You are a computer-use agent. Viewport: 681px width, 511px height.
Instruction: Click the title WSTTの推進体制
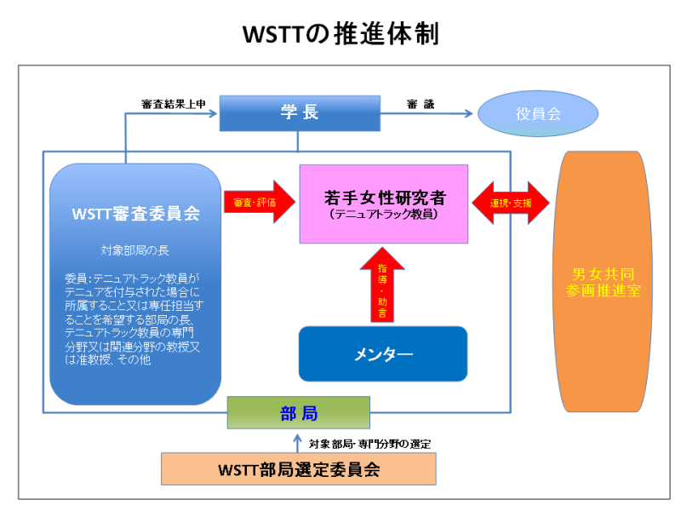(x=340, y=34)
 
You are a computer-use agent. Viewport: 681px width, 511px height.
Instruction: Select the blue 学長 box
(x=299, y=112)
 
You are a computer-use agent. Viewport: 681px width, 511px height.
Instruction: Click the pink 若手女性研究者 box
(x=383, y=204)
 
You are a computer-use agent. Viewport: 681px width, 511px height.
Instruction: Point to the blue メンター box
(x=383, y=353)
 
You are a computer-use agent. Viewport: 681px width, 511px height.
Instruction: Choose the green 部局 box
(x=298, y=414)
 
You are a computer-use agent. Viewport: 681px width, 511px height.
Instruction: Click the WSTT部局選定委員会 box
(x=298, y=469)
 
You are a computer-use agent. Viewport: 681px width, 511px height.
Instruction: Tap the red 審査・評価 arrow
(x=254, y=203)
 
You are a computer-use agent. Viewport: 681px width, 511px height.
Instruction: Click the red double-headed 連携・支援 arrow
(x=511, y=203)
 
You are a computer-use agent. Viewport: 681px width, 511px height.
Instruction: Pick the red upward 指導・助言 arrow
(x=382, y=284)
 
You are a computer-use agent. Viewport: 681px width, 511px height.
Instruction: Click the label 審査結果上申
(x=174, y=104)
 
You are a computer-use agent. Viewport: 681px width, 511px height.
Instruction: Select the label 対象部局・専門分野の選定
(x=369, y=443)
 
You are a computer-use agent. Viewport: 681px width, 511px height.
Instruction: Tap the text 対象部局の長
(x=136, y=251)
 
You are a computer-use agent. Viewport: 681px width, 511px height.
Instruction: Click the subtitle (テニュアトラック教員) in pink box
(x=383, y=215)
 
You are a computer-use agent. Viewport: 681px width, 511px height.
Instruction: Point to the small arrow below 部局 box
(x=297, y=441)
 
